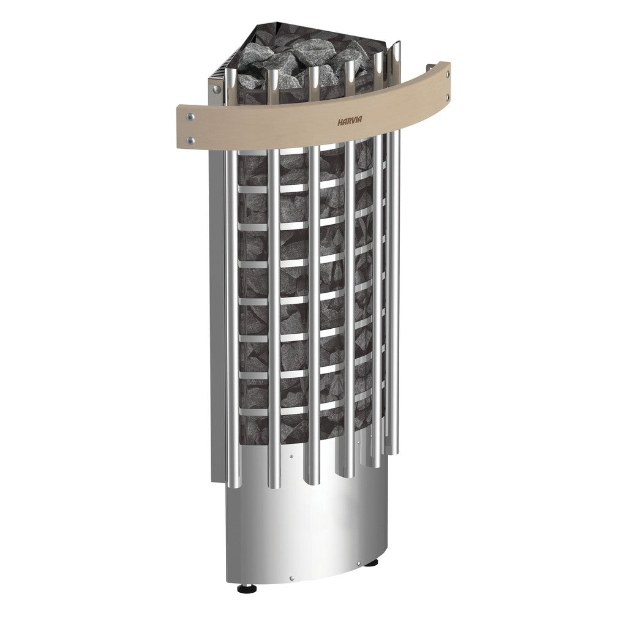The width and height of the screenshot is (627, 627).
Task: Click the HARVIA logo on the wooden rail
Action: click(x=349, y=122)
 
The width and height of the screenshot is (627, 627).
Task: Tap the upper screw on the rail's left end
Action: click(x=191, y=117)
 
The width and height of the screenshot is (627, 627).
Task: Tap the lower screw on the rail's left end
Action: click(x=191, y=140)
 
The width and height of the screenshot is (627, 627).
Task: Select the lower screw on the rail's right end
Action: click(x=448, y=96)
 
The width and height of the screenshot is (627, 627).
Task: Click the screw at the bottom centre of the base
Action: click(x=291, y=578)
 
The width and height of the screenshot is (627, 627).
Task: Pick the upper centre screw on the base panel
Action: click(x=291, y=456)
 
